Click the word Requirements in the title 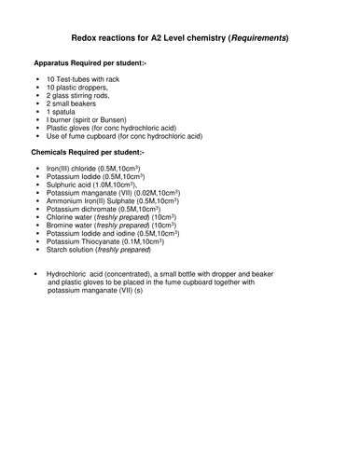(257, 38)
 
